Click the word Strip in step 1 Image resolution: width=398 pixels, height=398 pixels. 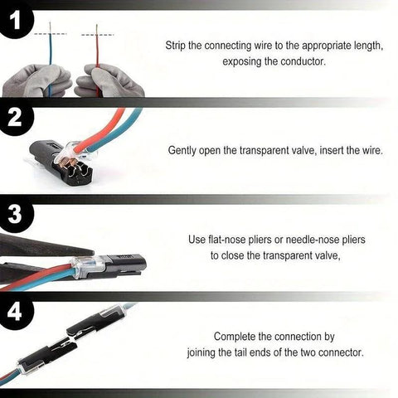point(178,46)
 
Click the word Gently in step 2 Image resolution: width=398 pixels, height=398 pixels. point(184,151)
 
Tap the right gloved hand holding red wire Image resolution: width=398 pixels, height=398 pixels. point(108,79)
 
